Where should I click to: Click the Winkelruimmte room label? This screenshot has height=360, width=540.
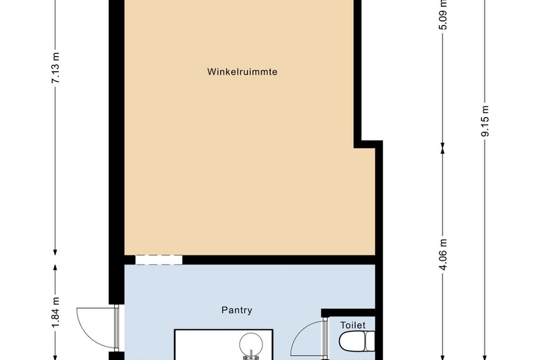pyautogui.click(x=242, y=72)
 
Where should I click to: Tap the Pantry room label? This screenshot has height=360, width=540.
pyautogui.click(x=237, y=310)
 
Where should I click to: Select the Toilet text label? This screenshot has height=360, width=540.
pyautogui.click(x=352, y=325)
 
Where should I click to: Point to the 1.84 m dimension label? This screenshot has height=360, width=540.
pyautogui.click(x=55, y=312)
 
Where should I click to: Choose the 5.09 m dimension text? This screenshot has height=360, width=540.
pyautogui.click(x=443, y=15)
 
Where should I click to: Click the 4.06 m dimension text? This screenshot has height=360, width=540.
pyautogui.click(x=443, y=255)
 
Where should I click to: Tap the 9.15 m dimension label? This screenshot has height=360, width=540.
pyautogui.click(x=485, y=121)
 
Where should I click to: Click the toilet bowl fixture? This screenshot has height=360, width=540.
pyautogui.click(x=357, y=341)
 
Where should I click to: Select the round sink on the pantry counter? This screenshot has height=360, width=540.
pyautogui.click(x=251, y=344)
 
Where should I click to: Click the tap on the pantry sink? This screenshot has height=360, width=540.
pyautogui.click(x=251, y=356)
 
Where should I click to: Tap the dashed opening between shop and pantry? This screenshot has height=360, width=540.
pyautogui.click(x=159, y=260)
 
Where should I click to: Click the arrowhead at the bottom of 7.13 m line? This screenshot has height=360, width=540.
pyautogui.click(x=55, y=252)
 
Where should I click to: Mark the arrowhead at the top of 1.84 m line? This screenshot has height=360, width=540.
pyautogui.click(x=55, y=268)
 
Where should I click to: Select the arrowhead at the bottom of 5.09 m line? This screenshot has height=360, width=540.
pyautogui.click(x=443, y=146)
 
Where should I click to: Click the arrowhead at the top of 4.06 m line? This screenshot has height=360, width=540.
pyautogui.click(x=443, y=150)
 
